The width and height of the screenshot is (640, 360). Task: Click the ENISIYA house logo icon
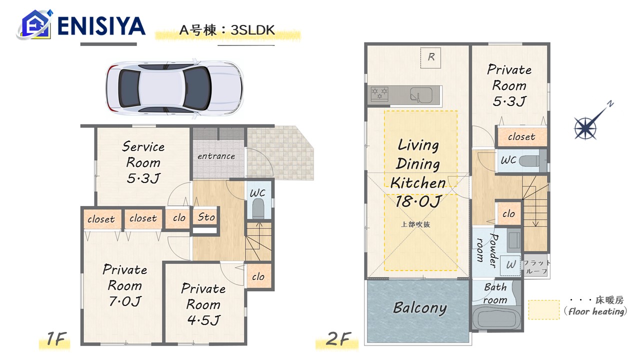pos(35,24)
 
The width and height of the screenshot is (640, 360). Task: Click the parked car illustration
pos(174,88)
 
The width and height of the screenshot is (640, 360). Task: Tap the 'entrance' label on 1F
pos(216,156)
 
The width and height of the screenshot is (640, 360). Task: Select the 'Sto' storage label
pos(206,217)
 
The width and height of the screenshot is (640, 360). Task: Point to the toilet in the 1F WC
pos(258,208)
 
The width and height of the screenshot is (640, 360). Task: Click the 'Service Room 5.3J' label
pos(143,162)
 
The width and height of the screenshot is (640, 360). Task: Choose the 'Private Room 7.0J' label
pos(125,285)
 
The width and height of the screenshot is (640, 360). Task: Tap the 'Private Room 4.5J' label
pos(203,304)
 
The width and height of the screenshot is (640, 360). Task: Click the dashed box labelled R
pos(430,57)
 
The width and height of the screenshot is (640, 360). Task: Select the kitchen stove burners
pos(379,94)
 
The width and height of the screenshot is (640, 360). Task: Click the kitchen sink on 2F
pos(421,95)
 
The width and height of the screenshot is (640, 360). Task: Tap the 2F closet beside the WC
pos(521,136)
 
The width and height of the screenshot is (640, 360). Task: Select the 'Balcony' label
pos(419,308)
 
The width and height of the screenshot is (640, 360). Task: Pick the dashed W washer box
pos(510,265)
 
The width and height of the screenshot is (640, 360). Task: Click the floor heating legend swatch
pos(543,309)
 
